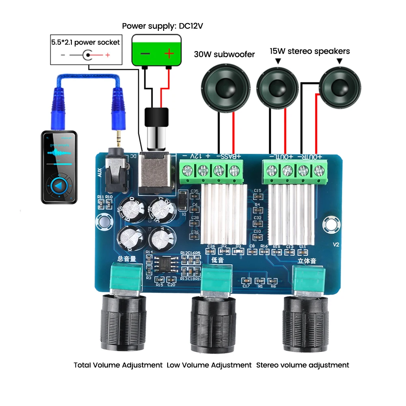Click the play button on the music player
pyautogui.click(x=60, y=186)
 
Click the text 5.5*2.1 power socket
pyautogui.click(x=85, y=42)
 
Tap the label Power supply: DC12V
pyautogui.click(x=162, y=26)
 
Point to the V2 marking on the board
pyautogui.click(x=336, y=244)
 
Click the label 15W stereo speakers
pyautogui.click(x=309, y=52)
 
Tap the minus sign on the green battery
pyautogui.click(x=145, y=53)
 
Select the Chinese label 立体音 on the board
pyautogui.click(x=307, y=261)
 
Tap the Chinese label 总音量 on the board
pyautogui.click(x=126, y=258)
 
